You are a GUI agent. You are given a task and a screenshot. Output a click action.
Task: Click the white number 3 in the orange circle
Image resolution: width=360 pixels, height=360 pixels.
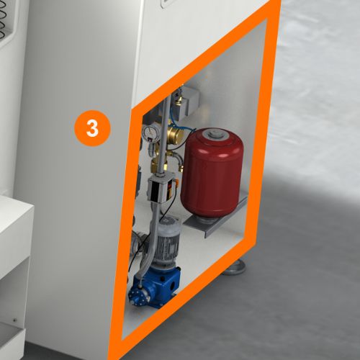pos(92,128)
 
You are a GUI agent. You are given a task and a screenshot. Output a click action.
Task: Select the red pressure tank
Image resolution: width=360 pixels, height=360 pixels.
pos(212,173)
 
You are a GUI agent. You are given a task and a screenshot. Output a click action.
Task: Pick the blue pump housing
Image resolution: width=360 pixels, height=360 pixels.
pos(155,287)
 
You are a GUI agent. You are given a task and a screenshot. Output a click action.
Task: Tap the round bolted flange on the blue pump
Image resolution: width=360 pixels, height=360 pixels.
pos(137,297)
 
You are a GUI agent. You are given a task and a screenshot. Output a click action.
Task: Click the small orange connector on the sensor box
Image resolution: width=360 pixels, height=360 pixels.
pos(177,181)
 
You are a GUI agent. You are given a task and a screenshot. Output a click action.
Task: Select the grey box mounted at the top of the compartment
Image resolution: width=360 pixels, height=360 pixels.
pos(185,102)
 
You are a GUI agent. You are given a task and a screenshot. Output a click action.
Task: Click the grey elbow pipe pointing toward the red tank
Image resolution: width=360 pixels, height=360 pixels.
pos(178,161)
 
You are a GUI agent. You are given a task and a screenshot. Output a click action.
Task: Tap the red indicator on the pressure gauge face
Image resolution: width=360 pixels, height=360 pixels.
pos(150,139)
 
